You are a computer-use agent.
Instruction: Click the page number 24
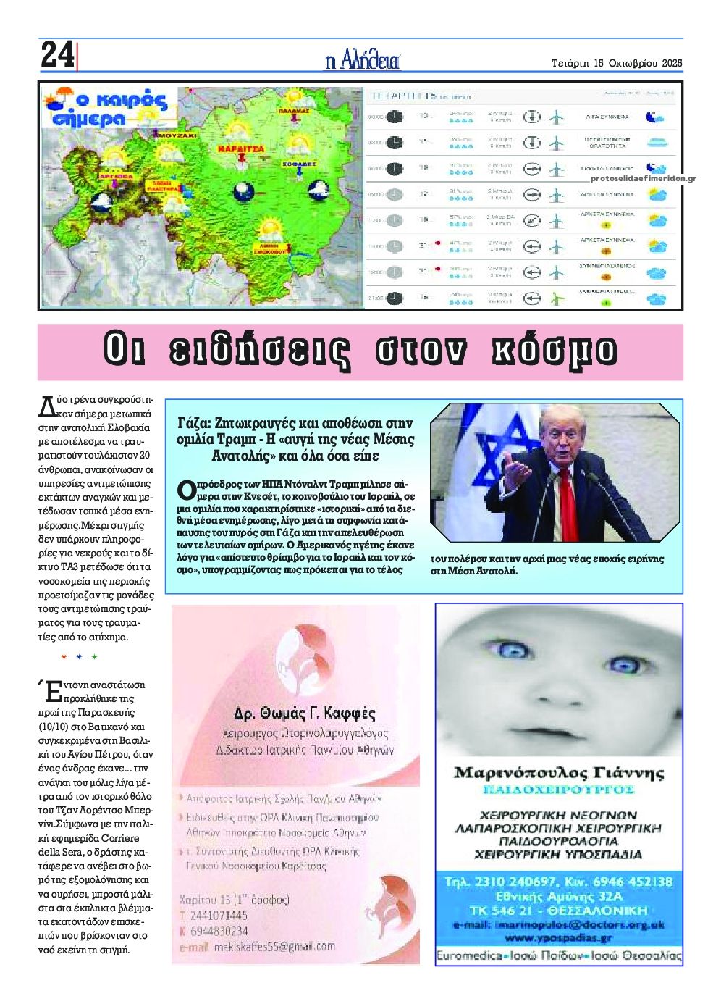(x=56, y=55)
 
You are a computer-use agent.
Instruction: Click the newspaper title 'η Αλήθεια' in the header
(x=363, y=62)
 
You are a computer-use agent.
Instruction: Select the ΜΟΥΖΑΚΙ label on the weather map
(x=177, y=135)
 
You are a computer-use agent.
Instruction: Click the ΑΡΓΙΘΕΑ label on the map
(x=117, y=176)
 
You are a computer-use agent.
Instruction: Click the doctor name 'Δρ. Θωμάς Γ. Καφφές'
(x=305, y=713)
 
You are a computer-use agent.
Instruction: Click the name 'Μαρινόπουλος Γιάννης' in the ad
(x=558, y=772)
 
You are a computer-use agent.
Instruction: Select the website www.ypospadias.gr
(x=558, y=938)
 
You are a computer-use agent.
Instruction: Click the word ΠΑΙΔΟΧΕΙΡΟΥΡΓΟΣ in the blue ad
(x=558, y=789)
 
